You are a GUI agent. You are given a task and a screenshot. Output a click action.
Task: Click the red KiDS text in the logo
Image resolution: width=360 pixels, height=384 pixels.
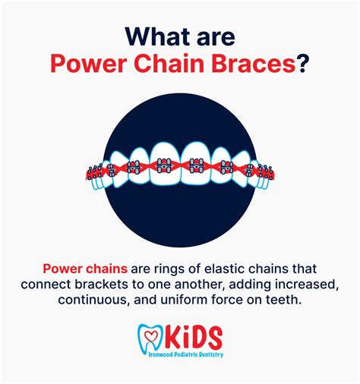click(x=191, y=336)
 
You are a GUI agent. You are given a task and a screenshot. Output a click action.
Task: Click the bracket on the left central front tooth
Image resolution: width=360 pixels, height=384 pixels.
click(x=164, y=163)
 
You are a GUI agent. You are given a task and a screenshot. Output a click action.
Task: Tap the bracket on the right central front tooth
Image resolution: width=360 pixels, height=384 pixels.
click(x=195, y=163)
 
